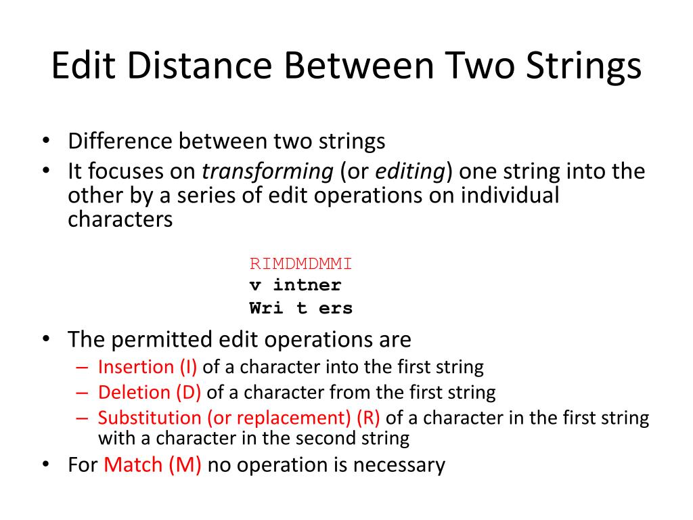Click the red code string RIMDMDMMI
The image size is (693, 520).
click(301, 263)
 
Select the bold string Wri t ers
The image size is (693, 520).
click(301, 308)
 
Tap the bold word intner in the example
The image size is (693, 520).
click(307, 286)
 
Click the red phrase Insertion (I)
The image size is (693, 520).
click(148, 367)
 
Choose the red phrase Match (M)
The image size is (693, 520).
click(153, 465)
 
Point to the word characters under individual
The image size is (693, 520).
click(120, 220)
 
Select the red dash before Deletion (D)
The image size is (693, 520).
click(83, 392)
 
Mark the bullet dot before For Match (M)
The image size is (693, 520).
click(45, 465)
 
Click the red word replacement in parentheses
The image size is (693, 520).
click(301, 417)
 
